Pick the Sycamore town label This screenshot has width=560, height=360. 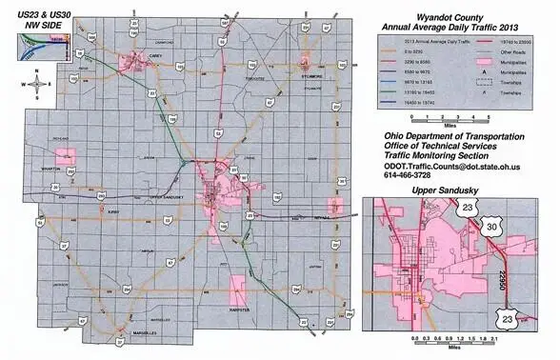[x=311, y=73]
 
